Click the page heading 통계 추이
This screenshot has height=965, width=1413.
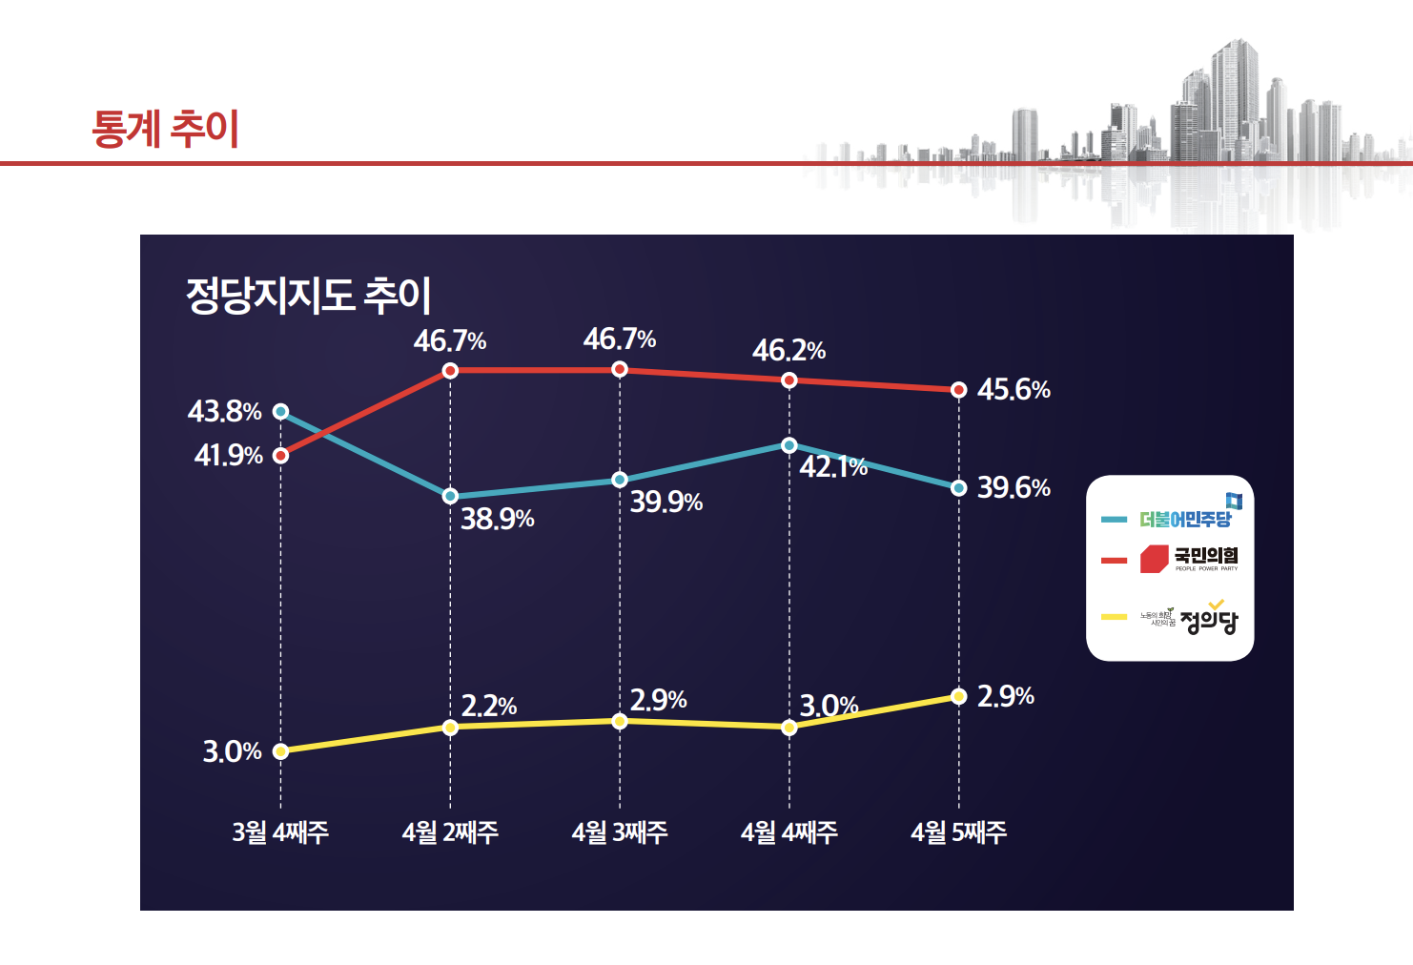click(x=165, y=129)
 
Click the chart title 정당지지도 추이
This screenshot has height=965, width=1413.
click(x=308, y=295)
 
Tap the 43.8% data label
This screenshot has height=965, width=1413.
click(x=224, y=412)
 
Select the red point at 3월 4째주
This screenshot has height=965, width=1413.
click(x=280, y=456)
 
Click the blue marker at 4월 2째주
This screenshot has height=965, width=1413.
click(x=450, y=496)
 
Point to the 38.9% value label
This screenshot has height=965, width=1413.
click(x=497, y=519)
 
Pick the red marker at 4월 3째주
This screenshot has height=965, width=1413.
click(x=620, y=369)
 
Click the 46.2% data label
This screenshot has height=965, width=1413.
click(x=788, y=351)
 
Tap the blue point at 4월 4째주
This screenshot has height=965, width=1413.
click(x=788, y=445)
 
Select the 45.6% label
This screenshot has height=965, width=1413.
click(x=1013, y=390)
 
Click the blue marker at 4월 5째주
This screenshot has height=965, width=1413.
click(x=959, y=488)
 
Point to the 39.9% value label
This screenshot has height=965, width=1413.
click(x=666, y=502)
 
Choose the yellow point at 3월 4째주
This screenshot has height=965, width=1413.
click(x=280, y=751)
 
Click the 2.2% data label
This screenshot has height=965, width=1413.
click(x=488, y=707)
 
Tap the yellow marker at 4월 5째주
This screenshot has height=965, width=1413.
click(x=959, y=696)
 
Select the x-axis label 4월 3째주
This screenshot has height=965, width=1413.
click(x=620, y=832)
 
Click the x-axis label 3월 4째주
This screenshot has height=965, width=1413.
click(x=280, y=832)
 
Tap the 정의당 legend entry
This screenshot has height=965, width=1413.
click(x=1190, y=620)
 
